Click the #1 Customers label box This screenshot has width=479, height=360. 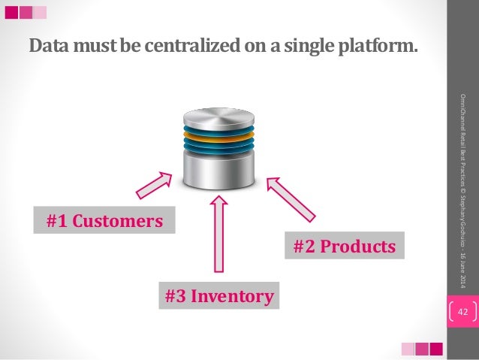[104, 221]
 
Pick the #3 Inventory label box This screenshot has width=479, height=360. [219, 296]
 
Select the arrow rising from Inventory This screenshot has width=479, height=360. [219, 234]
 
